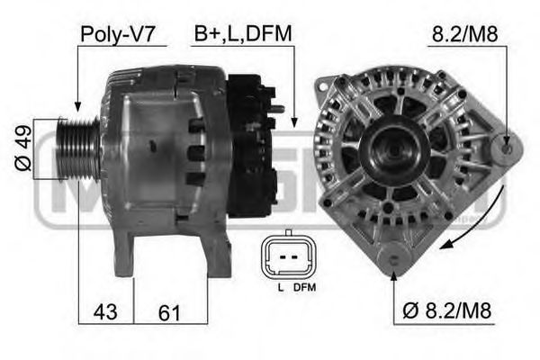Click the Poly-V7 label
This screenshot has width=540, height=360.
click(119, 34)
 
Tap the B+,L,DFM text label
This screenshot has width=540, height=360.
click(242, 34)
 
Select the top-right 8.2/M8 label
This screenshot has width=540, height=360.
click(466, 34)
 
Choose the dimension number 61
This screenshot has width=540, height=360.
click(169, 313)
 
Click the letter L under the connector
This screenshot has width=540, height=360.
click(280, 288)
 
